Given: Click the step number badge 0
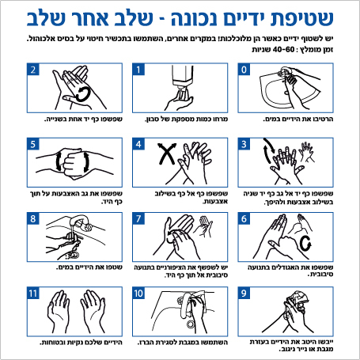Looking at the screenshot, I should pos(245,70).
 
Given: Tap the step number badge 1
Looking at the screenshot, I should pos(140,70).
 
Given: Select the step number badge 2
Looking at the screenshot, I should pos(33,70).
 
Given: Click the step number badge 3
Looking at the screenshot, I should pos(245,144).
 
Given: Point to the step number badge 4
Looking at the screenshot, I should pos(140,144).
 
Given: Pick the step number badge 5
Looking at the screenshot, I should pos(33,144).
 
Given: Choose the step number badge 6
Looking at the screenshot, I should pos(245,219).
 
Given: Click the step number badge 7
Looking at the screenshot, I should pos(140,219).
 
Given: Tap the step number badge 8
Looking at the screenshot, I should pos(33,219).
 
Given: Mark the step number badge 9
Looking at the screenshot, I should pos(245,294).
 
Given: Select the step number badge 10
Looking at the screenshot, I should pos(140,294).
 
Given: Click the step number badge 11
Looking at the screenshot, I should pos(33,294).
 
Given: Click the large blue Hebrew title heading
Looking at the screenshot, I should pos(180,17).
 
